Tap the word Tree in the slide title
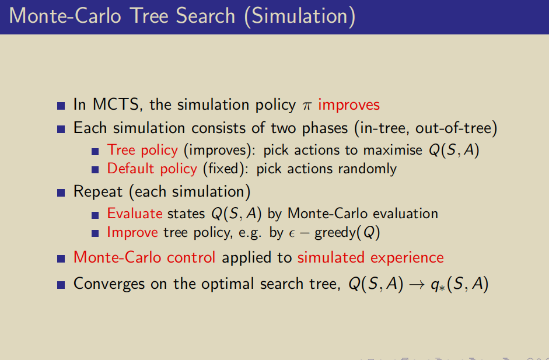[149, 16]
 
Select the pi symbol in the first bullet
[307, 106]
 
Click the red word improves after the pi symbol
[349, 105]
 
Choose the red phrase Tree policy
[142, 150]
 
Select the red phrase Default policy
[152, 169]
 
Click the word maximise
[393, 150]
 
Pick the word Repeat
[98, 192]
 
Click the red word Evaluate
[135, 214]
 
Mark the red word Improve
[132, 233]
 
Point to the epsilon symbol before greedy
[292, 234]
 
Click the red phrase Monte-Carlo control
[144, 257]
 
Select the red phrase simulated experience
[370, 258]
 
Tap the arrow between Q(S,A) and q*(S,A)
[417, 285]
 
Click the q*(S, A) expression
[459, 284]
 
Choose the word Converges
[109, 284]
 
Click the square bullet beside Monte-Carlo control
[61, 259]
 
